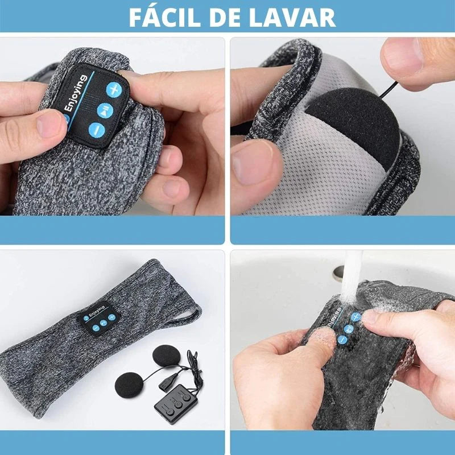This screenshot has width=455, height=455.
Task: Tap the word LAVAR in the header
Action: point(292,18)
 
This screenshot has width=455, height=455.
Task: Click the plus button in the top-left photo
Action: point(114,89)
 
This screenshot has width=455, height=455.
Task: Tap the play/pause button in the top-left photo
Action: point(105,110)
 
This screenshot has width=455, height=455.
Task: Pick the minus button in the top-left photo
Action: point(97,130)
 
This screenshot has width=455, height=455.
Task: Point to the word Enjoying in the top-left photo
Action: point(76,93)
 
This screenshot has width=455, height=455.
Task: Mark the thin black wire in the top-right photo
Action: point(388,90)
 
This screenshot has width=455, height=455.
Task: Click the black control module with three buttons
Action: point(176,404)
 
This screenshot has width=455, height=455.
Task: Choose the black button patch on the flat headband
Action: point(98,318)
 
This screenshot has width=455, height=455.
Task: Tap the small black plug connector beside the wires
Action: point(168,380)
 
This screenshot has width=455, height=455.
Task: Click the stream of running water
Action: point(351,276)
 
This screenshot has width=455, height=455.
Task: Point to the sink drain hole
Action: point(338,274)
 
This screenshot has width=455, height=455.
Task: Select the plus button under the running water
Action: point(356,317)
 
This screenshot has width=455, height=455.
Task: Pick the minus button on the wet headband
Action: point(342,340)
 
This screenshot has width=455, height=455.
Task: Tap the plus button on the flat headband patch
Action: point(111,317)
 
